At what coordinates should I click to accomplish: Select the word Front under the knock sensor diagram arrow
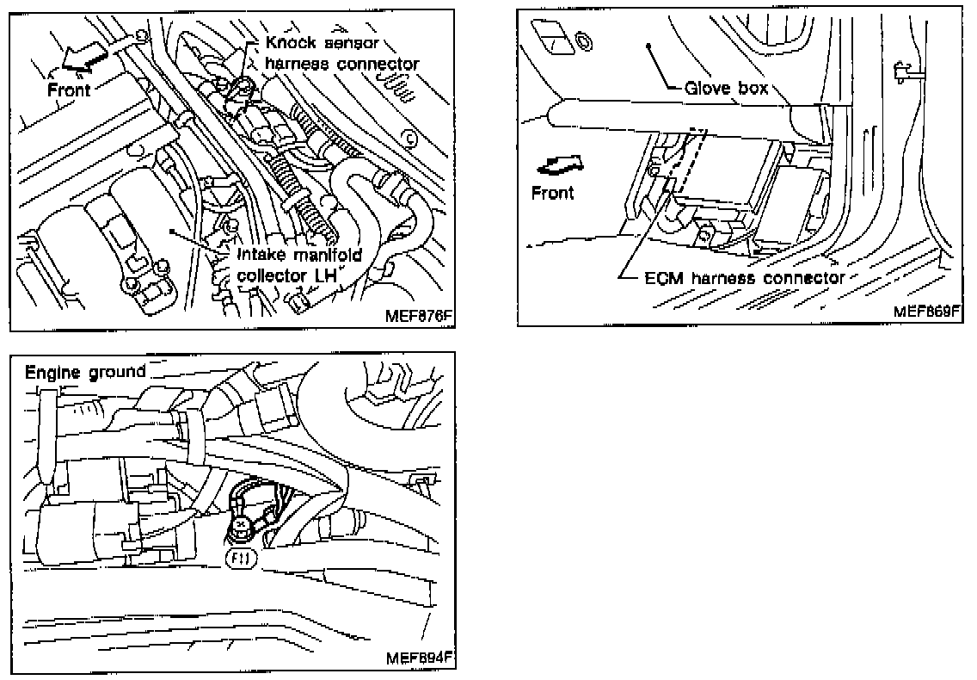pyautogui.click(x=69, y=89)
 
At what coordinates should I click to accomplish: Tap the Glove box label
pyautogui.click(x=726, y=88)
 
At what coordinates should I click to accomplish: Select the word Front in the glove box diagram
pyautogui.click(x=552, y=192)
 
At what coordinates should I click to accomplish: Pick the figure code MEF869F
pyautogui.click(x=925, y=311)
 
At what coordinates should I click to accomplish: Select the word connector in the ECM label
pyautogui.click(x=804, y=278)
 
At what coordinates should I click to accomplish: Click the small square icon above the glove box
pyautogui.click(x=549, y=36)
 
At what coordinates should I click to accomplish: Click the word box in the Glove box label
pyautogui.click(x=751, y=88)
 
